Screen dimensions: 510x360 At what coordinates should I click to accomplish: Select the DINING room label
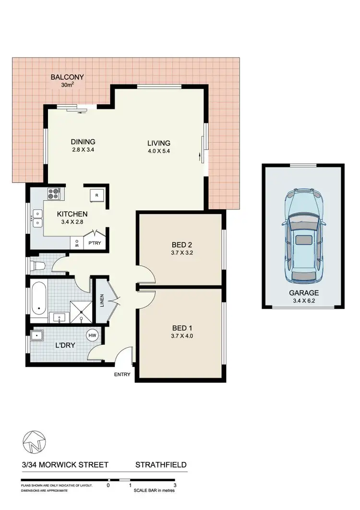click(83, 142)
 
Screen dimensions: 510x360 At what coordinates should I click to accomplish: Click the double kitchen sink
click(36, 222)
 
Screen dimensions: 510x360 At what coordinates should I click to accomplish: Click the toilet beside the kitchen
click(37, 264)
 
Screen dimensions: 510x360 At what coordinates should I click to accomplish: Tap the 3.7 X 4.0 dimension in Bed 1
click(181, 336)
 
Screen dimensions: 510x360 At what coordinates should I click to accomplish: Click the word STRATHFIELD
click(161, 465)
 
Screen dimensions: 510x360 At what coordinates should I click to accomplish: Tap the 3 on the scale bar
click(175, 486)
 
